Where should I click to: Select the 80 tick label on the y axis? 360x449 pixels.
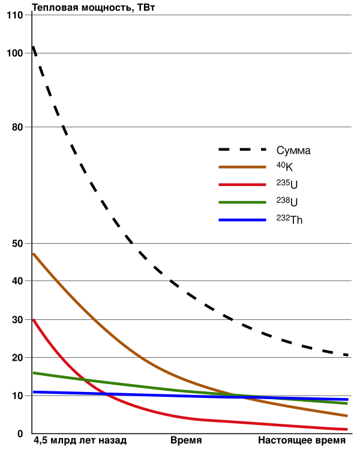(x=18, y=127)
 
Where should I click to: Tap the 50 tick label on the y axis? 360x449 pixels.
(x=18, y=243)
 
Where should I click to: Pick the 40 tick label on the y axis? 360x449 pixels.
(x=18, y=281)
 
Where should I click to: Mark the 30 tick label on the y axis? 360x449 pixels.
(x=18, y=320)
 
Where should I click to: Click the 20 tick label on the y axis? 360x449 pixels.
(x=18, y=358)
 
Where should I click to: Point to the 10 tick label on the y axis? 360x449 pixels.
(x=18, y=396)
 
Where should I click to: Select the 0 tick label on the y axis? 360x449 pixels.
(x=20, y=433)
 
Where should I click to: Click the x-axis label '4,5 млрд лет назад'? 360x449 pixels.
(x=80, y=441)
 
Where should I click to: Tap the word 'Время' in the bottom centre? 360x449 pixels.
(x=187, y=441)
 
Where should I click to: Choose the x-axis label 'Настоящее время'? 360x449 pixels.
(x=302, y=441)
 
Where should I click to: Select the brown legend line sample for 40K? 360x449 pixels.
(x=242, y=167)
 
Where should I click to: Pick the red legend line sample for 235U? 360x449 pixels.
(x=242, y=185)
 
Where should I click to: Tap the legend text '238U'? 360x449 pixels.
(x=287, y=202)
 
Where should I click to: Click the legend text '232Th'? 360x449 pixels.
(x=289, y=220)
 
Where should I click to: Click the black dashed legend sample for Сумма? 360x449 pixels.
(x=242, y=150)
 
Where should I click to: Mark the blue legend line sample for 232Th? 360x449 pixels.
(x=242, y=220)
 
